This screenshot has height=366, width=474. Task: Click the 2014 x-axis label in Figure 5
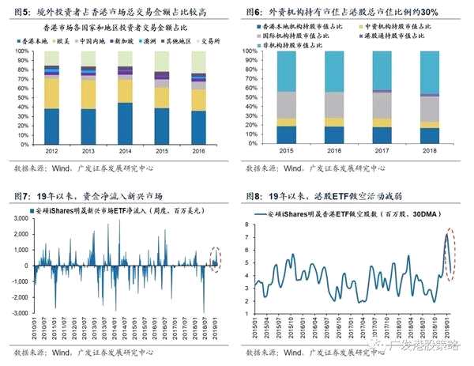coord(125,150)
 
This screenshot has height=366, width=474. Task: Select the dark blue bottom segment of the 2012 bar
coord(52,126)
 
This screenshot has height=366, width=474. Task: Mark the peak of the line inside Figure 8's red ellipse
coord(446,235)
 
